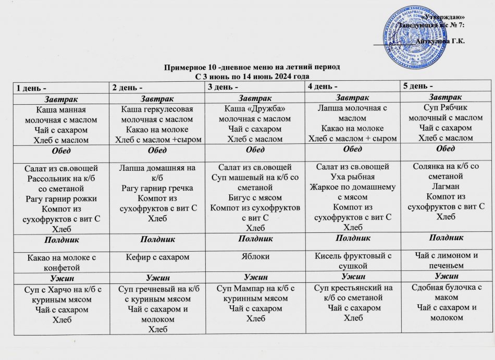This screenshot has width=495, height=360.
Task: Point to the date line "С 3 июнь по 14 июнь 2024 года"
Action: pyautogui.click(x=248, y=76)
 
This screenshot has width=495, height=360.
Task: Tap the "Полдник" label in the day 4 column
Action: pyautogui.click(x=350, y=239)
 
